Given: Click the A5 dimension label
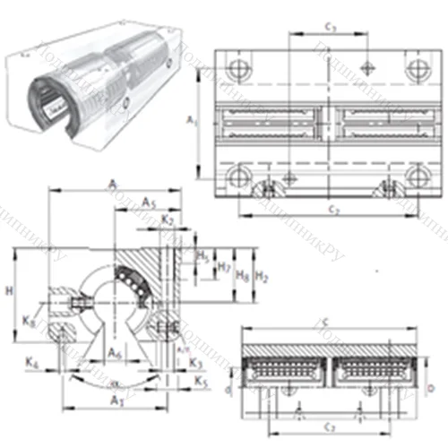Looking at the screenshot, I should coord(150,202).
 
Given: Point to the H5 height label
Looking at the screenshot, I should coord(202,256).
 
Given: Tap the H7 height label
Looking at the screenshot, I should coord(226,267).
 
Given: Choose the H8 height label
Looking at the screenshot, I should coord(242,276).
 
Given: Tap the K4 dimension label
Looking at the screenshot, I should coord(32,363).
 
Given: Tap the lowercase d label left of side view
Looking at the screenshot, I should coord(229,390).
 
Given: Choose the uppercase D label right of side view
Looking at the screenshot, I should coord(432,388).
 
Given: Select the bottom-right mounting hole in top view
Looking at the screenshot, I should coord(415,175).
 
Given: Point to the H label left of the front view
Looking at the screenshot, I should coord(9,291).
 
